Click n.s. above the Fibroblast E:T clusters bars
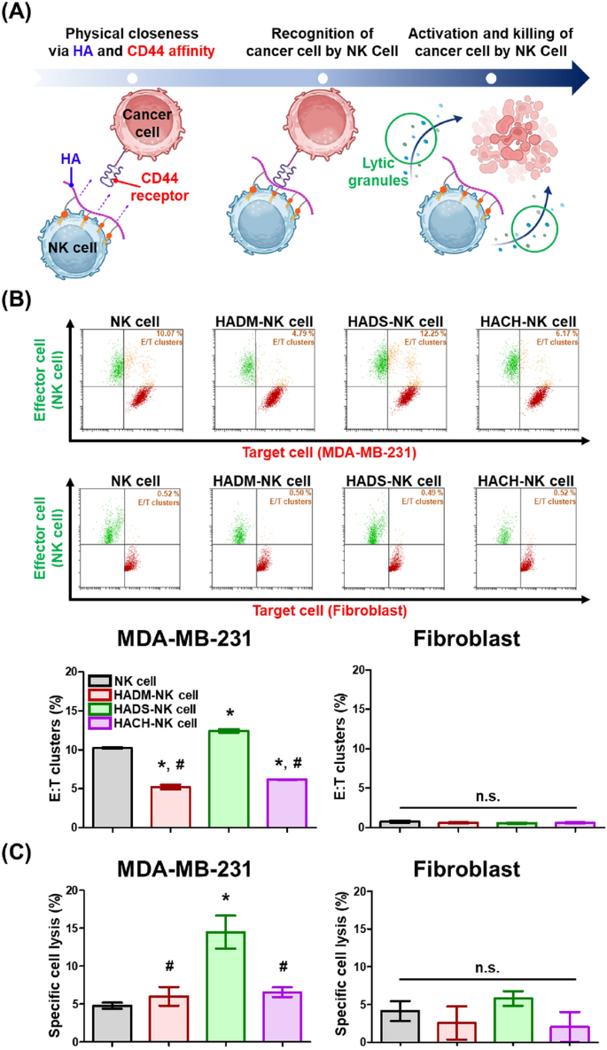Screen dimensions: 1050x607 (x=486, y=797)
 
